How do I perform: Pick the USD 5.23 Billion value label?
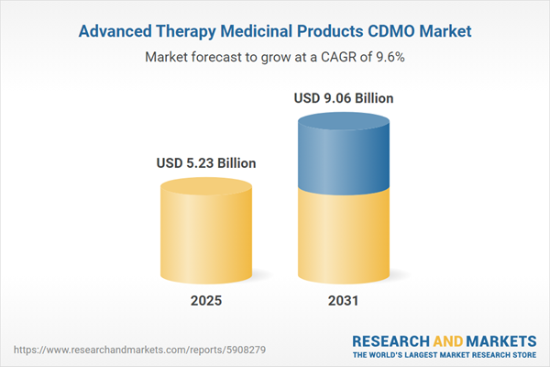point(206,163)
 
